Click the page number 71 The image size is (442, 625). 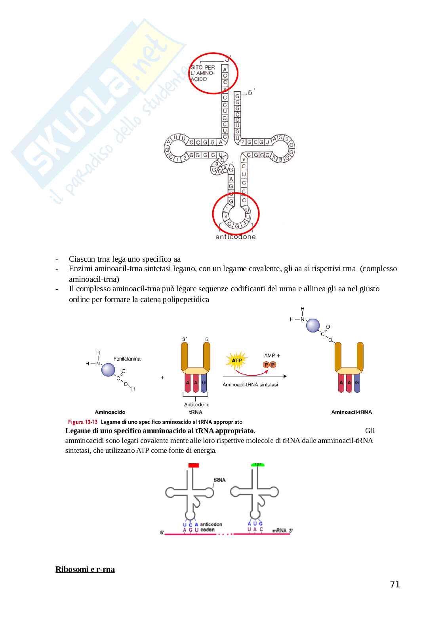tap(395, 585)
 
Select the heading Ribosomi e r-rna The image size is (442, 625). tap(85, 569)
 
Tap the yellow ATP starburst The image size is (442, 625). tap(236, 361)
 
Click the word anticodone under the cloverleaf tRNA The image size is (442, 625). tap(235, 237)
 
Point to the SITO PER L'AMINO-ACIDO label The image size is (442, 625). tap(203, 73)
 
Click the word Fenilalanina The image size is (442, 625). tap(127, 359)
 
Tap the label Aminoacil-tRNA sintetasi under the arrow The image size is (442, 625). tap(250, 384)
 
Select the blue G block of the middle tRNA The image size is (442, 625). tap(204, 383)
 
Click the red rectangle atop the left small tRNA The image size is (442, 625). tap(193, 465)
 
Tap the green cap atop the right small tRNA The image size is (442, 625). tap(258, 465)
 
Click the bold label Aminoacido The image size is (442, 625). tap(110, 412)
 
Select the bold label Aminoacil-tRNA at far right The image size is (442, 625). tap(351, 412)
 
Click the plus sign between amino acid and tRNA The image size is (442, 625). tap(162, 378)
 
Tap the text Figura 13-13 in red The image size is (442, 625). tap(82, 422)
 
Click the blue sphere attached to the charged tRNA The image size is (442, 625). tap(313, 325)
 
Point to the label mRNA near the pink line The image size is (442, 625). tap(279, 530)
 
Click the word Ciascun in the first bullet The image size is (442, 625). tap(82, 259)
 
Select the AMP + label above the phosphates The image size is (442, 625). tap(272, 355)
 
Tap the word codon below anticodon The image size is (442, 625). tap(208, 530)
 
